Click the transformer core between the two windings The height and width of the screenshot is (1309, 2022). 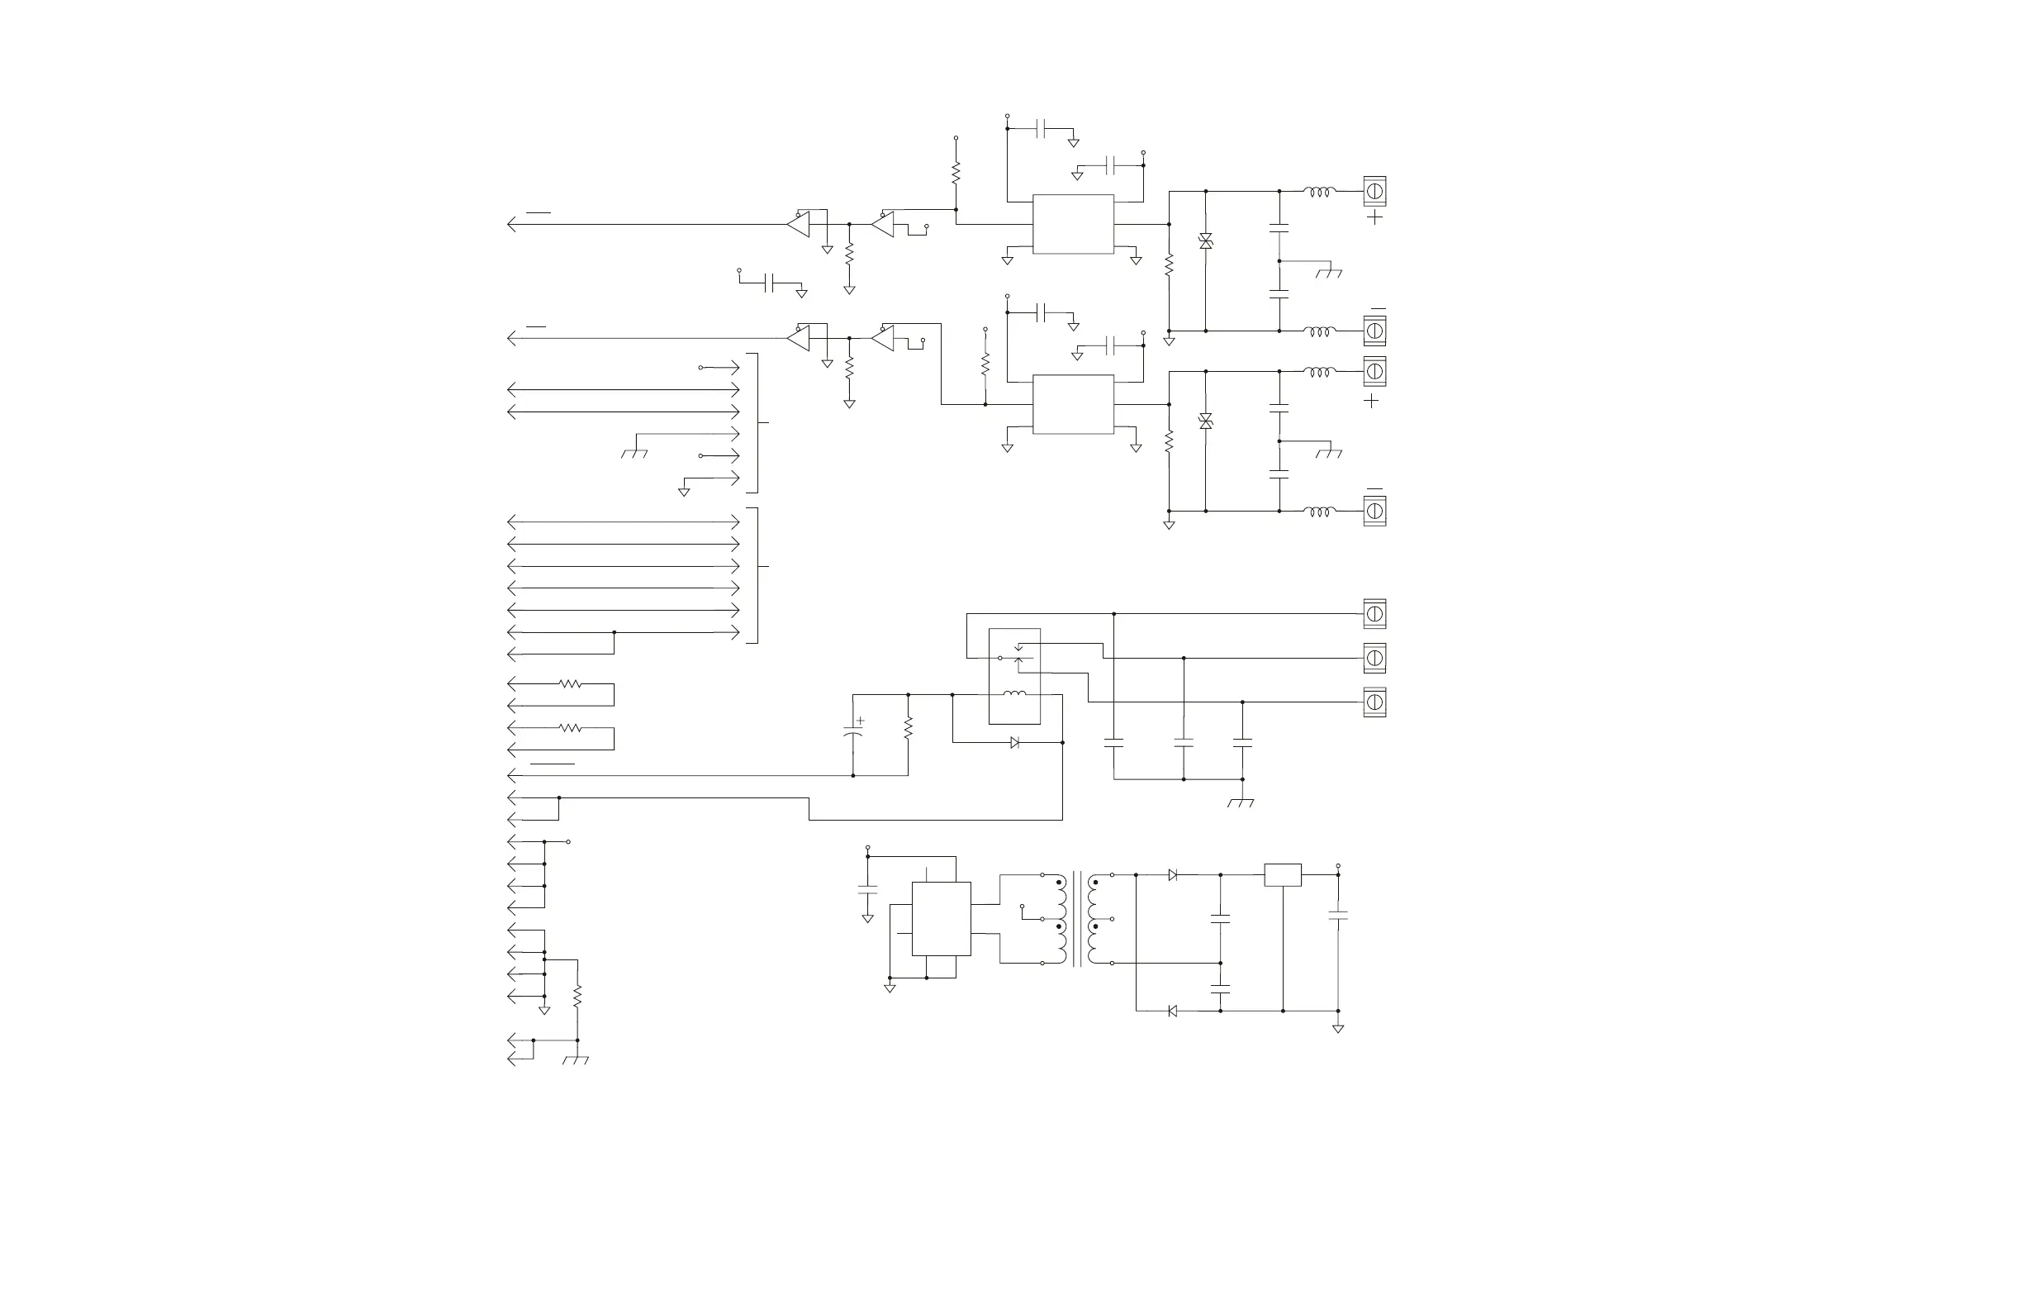[x=1077, y=919]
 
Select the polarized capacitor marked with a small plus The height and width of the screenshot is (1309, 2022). [x=853, y=732]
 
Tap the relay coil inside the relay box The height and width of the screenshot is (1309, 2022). [x=1014, y=694]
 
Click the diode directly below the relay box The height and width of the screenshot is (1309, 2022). [x=1014, y=743]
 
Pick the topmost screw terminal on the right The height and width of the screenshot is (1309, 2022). [x=1374, y=191]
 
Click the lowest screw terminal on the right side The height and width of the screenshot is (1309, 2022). [x=1374, y=702]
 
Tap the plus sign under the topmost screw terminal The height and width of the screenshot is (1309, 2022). [x=1374, y=217]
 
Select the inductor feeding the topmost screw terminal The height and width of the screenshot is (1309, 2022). [x=1319, y=191]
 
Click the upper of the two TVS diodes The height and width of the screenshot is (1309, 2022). [x=1206, y=241]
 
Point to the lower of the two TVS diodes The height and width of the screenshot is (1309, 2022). [x=1206, y=421]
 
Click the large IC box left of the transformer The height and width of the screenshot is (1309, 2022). [x=942, y=919]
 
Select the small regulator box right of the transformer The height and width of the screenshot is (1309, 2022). [x=1283, y=874]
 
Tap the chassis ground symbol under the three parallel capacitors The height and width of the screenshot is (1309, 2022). [x=1241, y=802]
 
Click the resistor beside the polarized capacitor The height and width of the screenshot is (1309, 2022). [x=909, y=728]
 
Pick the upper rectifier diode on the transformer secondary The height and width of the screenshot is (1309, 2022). [x=1172, y=874]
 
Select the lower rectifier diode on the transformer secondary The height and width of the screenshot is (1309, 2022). [x=1172, y=1011]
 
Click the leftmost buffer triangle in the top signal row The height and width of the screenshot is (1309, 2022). [x=799, y=225]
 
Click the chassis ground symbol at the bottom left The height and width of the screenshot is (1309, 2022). [x=576, y=1060]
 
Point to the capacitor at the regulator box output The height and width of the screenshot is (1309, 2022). [x=1338, y=916]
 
